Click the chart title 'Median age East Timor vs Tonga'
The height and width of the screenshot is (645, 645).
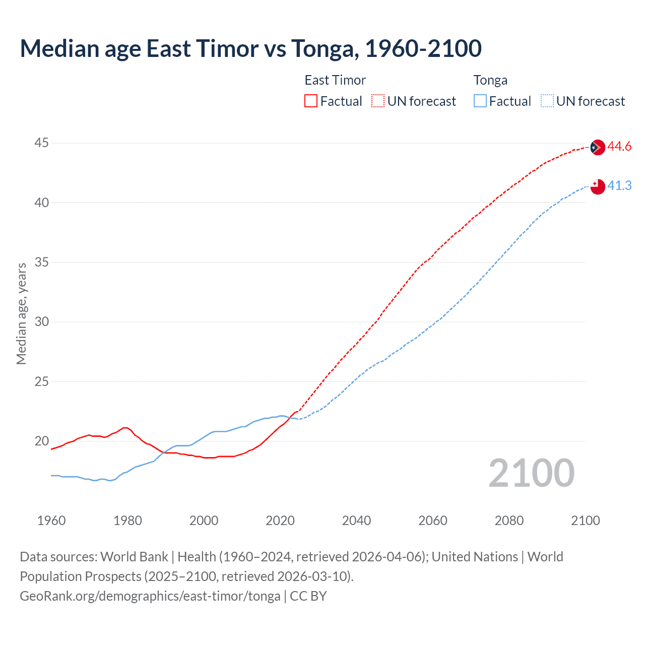250,49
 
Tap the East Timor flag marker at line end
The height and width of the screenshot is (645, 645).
597,147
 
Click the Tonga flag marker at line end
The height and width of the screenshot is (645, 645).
597,186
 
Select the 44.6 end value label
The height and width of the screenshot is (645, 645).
619,147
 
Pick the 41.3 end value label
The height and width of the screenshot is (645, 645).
619,186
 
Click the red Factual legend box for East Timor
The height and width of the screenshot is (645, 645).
311,101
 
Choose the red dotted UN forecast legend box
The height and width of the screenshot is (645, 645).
378,101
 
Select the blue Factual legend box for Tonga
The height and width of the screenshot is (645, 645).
480,101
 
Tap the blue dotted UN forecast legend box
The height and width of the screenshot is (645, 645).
547,101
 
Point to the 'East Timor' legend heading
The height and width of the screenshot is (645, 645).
335,80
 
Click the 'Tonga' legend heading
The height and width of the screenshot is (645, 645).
490,80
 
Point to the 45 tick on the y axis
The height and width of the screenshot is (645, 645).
41,143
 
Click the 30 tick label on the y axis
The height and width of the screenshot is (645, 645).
41,322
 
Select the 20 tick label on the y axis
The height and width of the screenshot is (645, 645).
41,441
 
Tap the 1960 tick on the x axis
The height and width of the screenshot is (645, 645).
51,521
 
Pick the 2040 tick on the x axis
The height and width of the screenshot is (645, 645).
356,521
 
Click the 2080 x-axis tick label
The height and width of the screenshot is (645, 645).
509,521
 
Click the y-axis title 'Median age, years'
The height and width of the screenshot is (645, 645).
21,313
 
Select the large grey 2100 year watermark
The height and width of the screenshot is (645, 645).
531,473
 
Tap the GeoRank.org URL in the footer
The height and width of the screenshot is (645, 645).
150,596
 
